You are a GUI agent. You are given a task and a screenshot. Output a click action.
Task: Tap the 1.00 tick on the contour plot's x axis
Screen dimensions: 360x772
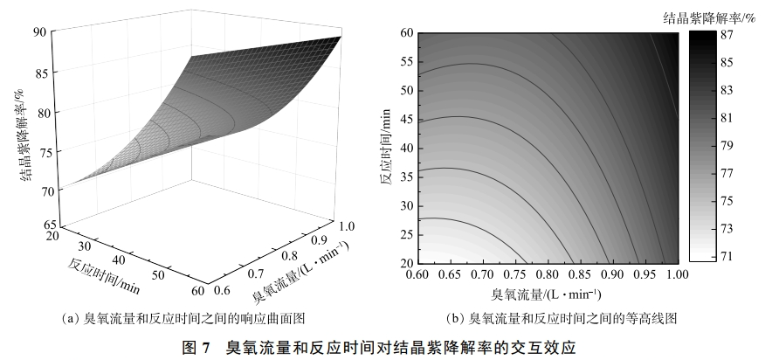point(677,274)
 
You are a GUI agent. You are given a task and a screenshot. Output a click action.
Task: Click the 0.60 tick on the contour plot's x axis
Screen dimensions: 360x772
point(417,274)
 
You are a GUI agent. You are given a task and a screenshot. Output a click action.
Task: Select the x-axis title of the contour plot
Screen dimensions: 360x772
point(547,292)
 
